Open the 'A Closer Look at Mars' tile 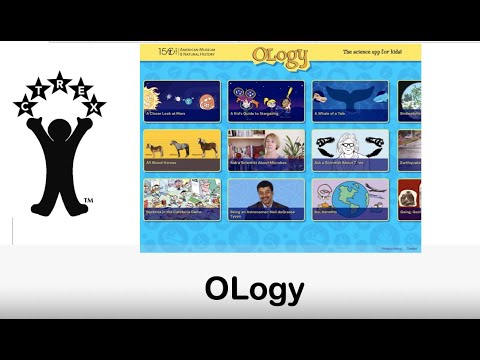tap(182, 100)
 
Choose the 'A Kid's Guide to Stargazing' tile tap(266, 100)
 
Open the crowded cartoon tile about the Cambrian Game tap(182, 198)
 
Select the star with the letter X tap(95, 105)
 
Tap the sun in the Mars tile tap(153, 98)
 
